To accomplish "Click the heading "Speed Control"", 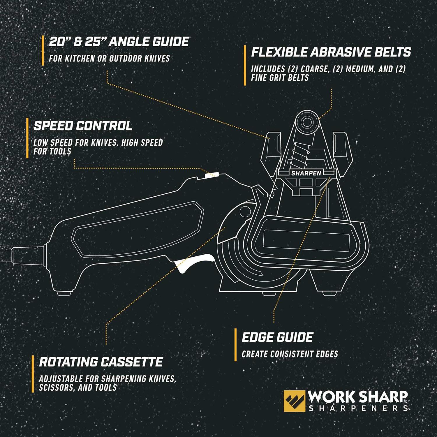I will tap(83, 126).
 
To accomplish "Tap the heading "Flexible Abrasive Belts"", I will tap(331, 52).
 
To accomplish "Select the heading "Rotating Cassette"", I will tap(101, 362).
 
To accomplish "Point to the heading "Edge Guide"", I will tap(277, 337).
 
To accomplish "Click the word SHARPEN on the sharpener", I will tap(306, 173).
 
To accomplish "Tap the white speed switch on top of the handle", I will tap(212, 175).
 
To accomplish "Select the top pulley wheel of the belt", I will tap(307, 122).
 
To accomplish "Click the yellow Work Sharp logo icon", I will tap(294, 401).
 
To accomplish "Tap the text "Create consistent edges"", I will tap(290, 354).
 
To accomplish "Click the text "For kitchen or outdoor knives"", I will tap(109, 58).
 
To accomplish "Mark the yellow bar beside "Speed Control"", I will tap(27, 138).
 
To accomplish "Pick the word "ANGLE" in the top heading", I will tap(128, 42).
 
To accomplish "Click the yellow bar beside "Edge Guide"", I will tap(236, 345).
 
